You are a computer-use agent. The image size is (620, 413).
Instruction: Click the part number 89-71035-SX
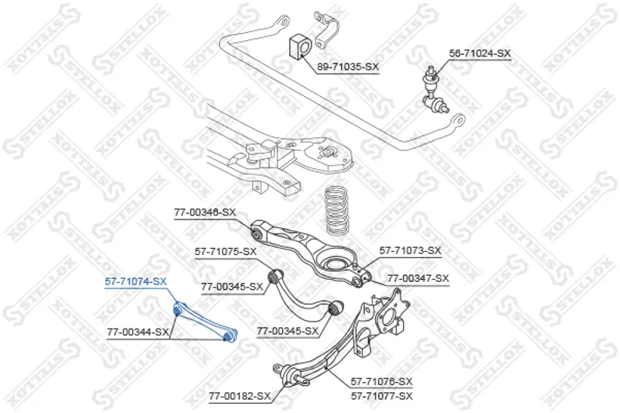click(347, 67)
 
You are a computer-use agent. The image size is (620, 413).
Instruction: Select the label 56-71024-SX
click(480, 53)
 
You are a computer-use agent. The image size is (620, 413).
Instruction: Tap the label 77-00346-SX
click(205, 212)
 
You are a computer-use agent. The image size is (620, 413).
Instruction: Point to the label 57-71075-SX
click(225, 251)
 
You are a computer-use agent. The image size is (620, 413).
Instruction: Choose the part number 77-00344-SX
click(138, 332)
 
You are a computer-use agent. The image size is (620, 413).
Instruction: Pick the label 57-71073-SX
click(410, 250)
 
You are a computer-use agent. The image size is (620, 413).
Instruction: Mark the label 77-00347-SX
click(418, 277)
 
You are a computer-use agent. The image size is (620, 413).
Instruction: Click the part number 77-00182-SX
click(239, 396)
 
